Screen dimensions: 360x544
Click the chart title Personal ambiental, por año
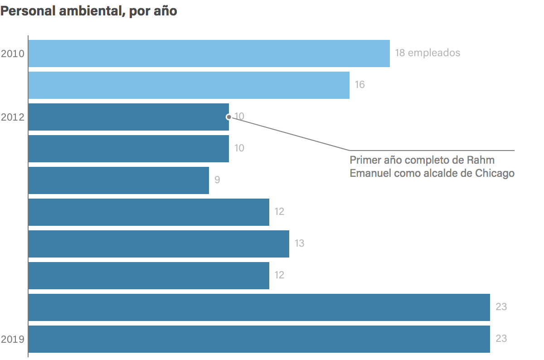click(x=88, y=11)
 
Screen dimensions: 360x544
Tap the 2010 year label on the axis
click(x=12, y=54)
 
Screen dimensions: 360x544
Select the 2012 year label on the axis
click(x=12, y=117)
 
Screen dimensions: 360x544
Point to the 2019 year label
click(x=12, y=339)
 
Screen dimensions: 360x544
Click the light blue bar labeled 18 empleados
click(x=209, y=54)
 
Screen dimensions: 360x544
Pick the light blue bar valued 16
click(x=189, y=85)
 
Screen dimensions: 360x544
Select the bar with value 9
click(x=118, y=180)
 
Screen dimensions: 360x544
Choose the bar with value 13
click(x=159, y=244)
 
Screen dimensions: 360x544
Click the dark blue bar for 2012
click(x=128, y=117)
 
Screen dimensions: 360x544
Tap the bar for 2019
click(x=259, y=339)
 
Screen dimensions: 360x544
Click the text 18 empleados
click(x=427, y=53)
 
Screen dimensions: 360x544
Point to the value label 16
click(x=359, y=85)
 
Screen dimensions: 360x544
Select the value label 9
click(x=217, y=180)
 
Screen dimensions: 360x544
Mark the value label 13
click(x=299, y=243)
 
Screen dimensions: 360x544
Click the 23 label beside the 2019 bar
click(x=501, y=339)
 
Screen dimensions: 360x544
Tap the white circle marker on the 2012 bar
click(x=228, y=117)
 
